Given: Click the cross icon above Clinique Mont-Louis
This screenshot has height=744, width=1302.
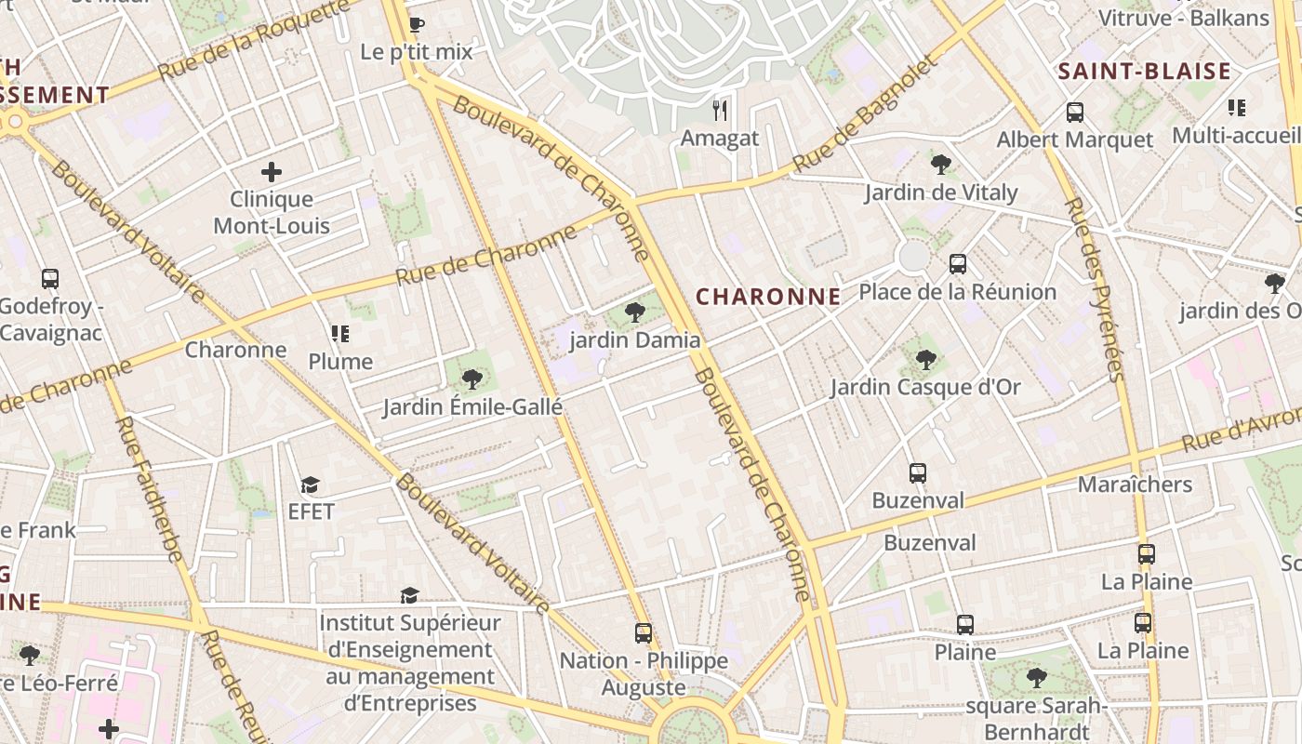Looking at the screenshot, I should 272,172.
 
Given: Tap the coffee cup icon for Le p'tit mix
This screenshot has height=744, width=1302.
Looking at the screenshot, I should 417,25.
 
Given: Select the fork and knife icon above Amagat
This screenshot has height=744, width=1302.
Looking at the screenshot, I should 720,111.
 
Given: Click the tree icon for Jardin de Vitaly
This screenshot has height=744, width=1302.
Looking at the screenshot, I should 940,165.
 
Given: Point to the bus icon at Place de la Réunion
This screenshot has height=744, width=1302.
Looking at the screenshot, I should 958,264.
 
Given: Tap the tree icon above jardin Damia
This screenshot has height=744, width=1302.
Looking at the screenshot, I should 635,312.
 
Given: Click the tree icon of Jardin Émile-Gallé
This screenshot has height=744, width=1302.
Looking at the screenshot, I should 472,379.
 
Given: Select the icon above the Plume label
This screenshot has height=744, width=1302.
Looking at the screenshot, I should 340,334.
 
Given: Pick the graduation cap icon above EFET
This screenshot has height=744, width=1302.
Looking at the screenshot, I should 310,485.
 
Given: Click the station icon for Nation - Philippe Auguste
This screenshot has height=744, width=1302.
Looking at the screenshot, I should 643,633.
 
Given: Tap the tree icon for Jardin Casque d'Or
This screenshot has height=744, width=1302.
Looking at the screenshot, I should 925,359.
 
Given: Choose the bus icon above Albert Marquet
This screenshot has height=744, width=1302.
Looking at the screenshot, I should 1075,113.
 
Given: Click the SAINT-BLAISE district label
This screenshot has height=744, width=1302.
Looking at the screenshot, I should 1144,72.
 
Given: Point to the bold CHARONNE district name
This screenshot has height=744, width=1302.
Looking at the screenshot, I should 768,297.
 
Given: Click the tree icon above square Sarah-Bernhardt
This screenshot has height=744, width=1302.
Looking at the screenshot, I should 1036,678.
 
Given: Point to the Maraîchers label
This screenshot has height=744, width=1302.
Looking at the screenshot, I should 1135,485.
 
